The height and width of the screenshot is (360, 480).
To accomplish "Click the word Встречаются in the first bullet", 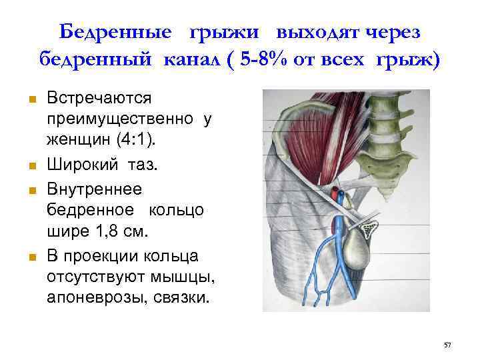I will tap(99, 98).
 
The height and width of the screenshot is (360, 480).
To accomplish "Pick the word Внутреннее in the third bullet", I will tap(94, 189).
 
